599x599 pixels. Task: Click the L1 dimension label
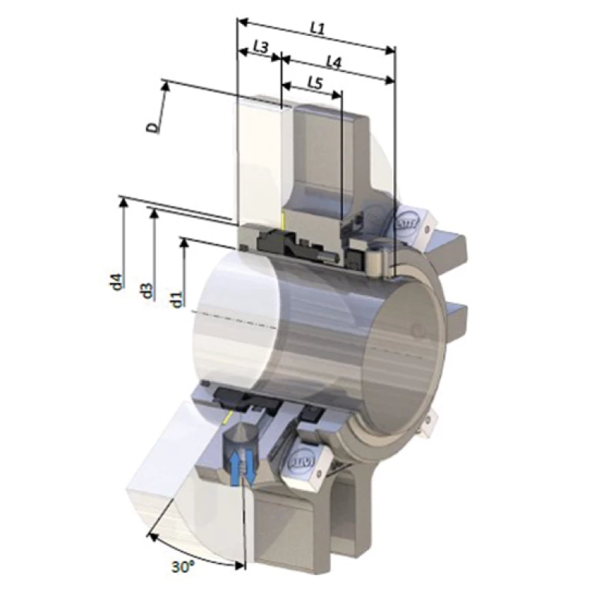click(317, 28)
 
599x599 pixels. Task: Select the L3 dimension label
click(260, 46)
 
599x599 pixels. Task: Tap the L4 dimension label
click(334, 64)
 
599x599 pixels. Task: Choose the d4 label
click(115, 282)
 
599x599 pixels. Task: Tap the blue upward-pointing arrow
click(237, 467)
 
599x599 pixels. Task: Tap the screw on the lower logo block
click(320, 472)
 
